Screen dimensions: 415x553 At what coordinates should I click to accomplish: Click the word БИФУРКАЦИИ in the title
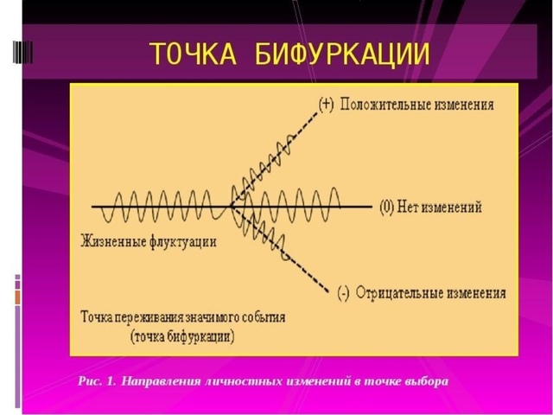pos(344,53)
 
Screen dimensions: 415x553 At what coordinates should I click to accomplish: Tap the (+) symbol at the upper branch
pos(326,105)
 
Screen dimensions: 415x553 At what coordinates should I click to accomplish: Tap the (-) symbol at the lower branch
pos(342,294)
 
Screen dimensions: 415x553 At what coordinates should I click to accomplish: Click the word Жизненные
pos(111,241)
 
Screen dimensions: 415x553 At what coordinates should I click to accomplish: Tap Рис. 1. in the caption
pos(97,380)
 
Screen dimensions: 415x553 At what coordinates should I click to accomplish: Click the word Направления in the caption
pos(162,380)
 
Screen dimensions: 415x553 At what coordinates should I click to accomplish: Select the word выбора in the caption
pos(427,380)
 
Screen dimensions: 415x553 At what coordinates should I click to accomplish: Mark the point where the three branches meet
pos(232,207)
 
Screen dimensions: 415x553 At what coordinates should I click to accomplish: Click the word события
pos(262,317)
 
